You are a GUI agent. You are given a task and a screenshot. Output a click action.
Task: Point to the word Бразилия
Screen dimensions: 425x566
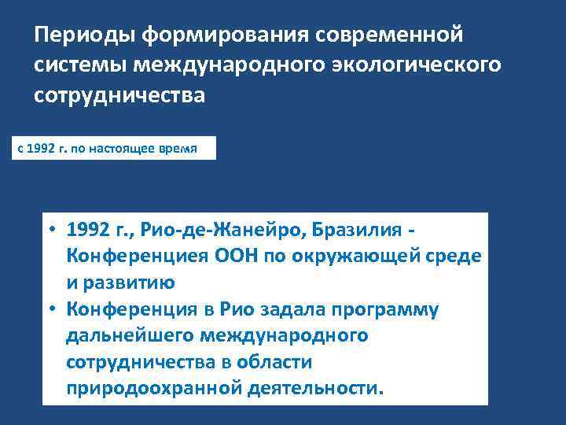point(355,230)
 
